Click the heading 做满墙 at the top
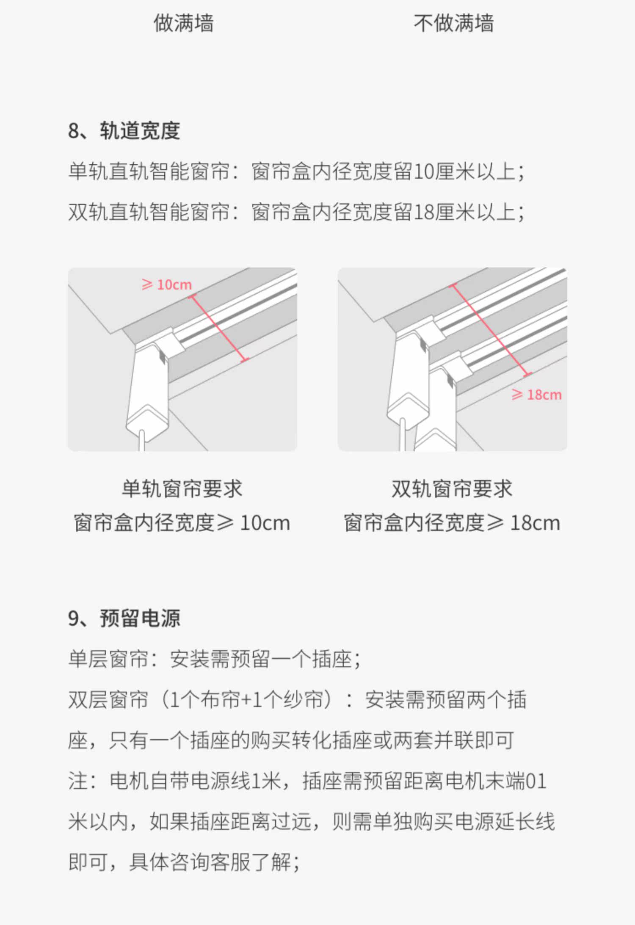pos(184,23)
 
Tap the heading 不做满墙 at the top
pos(453,23)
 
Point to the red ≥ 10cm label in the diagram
pos(167,284)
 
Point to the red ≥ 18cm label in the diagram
pos(536,395)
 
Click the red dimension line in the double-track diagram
pos(491,330)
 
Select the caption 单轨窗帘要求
pos(182,489)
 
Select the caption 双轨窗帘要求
pos(452,489)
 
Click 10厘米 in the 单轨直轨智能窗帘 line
pos(444,171)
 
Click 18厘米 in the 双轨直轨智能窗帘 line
pos(444,212)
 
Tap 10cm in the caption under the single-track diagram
pos(265,523)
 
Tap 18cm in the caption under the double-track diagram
pos(535,523)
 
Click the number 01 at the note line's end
pos(536,781)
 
